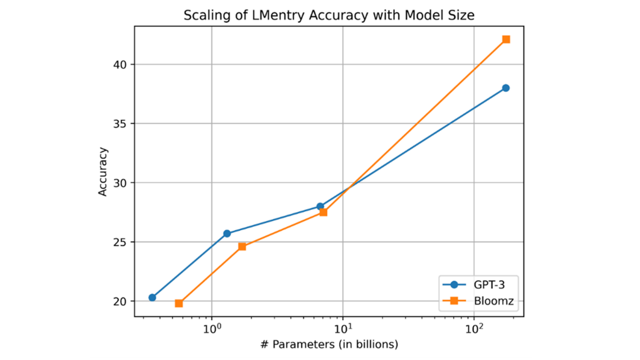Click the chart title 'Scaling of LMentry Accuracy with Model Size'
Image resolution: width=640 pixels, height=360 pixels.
329,16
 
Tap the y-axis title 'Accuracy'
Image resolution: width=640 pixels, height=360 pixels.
103,171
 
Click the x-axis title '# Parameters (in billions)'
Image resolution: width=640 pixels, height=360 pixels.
329,345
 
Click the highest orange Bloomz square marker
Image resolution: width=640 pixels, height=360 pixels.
506,39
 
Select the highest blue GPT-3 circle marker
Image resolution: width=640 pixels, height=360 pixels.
506,88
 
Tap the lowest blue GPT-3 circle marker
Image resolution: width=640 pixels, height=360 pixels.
152,297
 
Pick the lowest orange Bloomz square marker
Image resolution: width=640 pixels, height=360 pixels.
179,303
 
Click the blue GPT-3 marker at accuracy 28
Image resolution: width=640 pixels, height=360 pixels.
320,206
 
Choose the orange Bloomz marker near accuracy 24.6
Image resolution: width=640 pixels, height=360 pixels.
242,246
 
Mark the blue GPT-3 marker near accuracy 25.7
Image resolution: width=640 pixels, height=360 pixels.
227,233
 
